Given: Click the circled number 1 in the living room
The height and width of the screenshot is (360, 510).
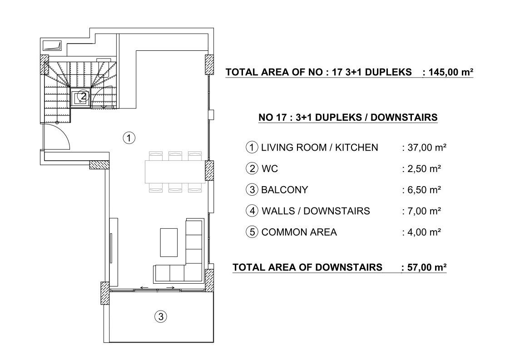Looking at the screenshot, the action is point(129,138).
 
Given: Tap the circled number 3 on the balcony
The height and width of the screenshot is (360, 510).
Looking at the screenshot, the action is point(161,316).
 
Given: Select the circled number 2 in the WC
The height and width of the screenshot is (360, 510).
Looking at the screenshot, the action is point(83,96).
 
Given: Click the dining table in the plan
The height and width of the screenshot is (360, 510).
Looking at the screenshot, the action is point(175,172).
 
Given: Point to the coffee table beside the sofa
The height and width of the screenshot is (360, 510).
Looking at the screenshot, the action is point(169,242).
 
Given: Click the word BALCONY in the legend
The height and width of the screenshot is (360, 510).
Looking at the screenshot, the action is point(285,190).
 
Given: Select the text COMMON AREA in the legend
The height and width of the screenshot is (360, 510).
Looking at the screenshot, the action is point(299,232).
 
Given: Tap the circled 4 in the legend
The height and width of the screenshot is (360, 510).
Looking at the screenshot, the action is point(252,211).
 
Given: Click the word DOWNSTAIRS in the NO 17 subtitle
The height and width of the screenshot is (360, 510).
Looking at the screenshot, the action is point(404,118).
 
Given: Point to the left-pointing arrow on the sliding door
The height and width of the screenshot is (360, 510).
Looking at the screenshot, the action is point(144,287).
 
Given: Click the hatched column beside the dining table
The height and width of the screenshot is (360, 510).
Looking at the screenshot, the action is point(209,170).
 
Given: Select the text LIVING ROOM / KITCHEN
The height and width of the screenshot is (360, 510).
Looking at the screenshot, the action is point(320,148).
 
